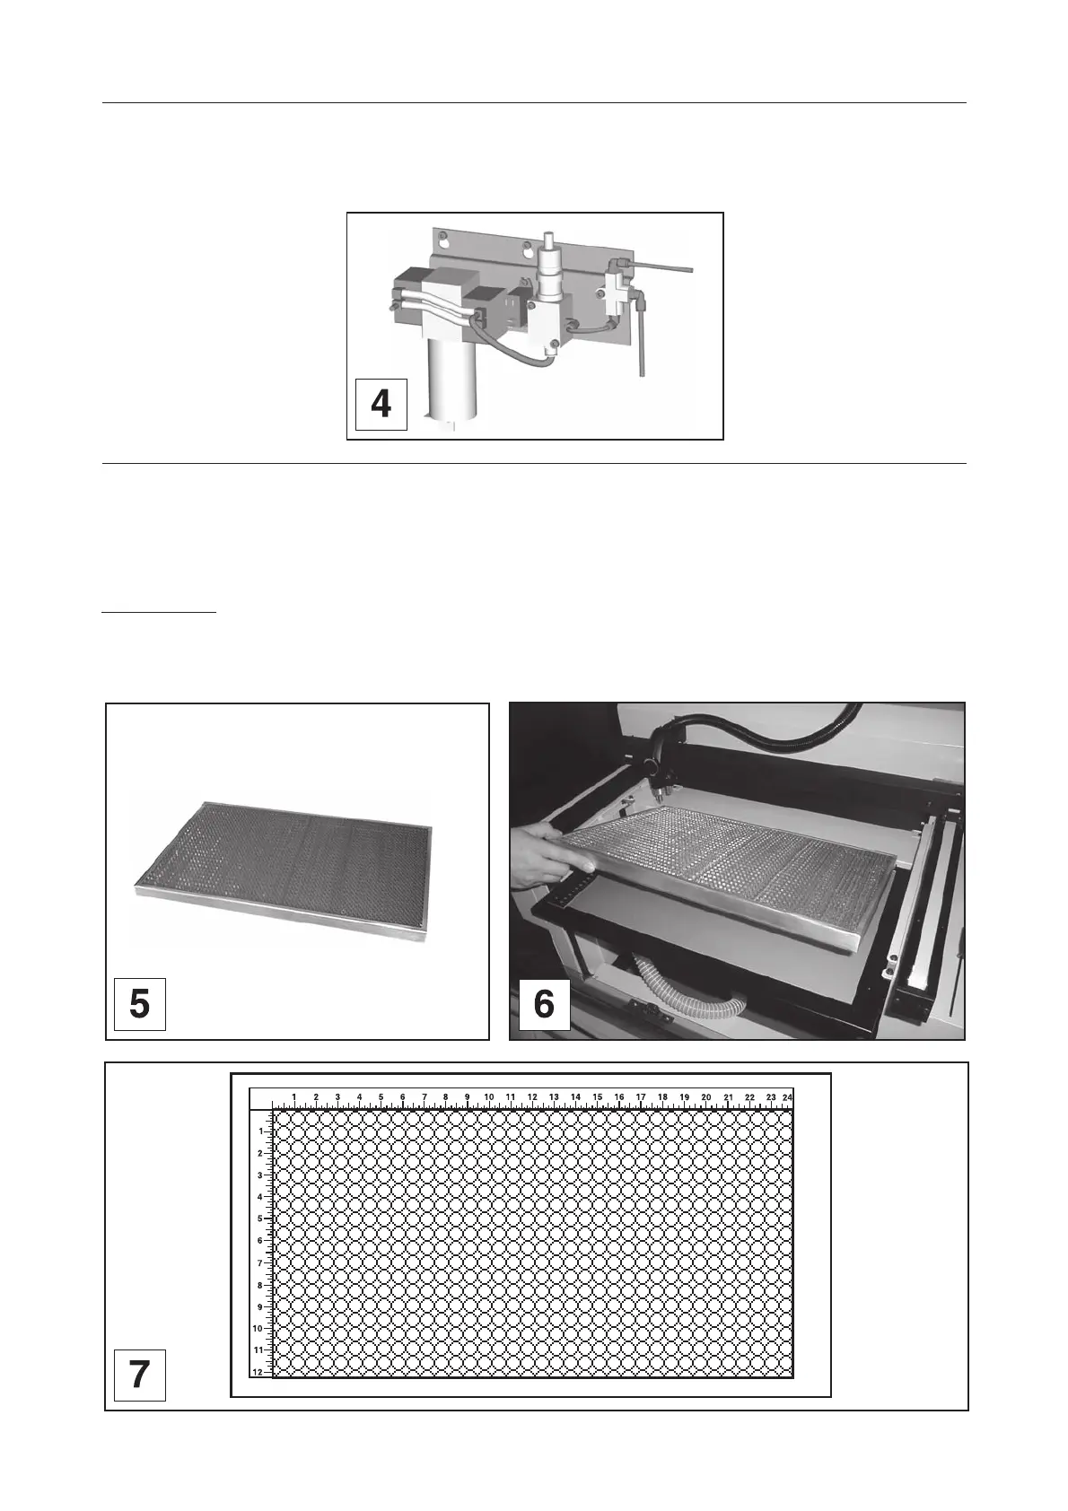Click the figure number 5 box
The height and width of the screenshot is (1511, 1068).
[x=140, y=1004]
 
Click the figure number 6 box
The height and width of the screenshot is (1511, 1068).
[x=544, y=1004]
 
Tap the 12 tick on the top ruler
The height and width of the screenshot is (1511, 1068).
[x=532, y=1097]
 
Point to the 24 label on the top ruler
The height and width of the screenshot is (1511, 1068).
[x=787, y=1097]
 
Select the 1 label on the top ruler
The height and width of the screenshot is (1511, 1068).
[x=294, y=1097]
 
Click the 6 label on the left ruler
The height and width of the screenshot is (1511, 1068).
[x=259, y=1241]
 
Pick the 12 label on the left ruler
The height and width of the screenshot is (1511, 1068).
[x=258, y=1373]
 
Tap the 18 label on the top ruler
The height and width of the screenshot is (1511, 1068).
[x=662, y=1097]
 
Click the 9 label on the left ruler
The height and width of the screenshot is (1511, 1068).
[x=259, y=1307]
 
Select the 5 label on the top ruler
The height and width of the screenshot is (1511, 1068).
[x=381, y=1097]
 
